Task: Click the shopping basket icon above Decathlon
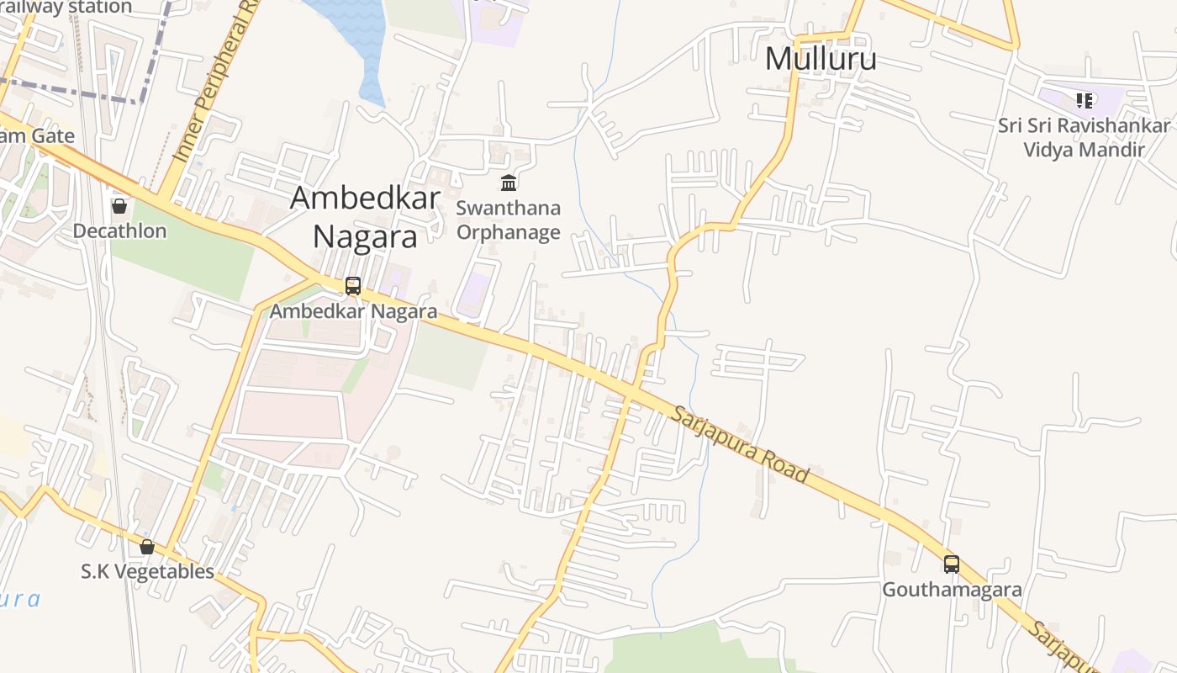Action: point(119,205)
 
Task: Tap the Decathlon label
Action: point(119,231)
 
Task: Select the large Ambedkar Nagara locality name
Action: point(365,217)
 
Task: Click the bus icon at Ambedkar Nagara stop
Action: point(353,286)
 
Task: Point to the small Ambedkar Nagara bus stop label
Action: point(353,311)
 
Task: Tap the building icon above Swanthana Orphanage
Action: point(509,183)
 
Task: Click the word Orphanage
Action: point(509,232)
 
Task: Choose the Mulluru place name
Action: point(821,59)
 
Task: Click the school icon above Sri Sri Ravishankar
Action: point(1085,101)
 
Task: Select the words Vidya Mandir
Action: point(1084,150)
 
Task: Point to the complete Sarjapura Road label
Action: point(741,445)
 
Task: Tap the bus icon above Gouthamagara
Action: point(951,564)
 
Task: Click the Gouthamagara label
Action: point(952,590)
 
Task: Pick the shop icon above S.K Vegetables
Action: point(147,547)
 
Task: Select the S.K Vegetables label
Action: point(148,572)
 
